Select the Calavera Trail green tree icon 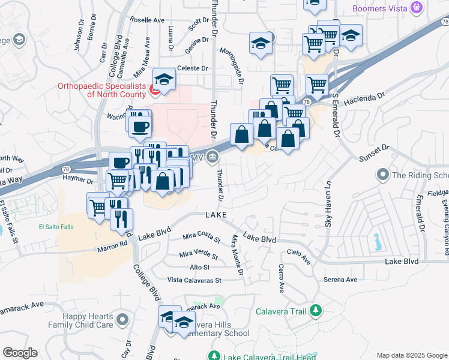(314, 311)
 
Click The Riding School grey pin (382, 175)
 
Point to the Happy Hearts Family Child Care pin (122, 320)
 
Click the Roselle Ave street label (147, 20)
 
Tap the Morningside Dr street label (232, 66)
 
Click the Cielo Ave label (298, 256)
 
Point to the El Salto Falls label (56, 227)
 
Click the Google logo (20, 353)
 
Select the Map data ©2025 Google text (411, 355)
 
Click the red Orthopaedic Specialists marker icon (153, 91)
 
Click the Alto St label (199, 267)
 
